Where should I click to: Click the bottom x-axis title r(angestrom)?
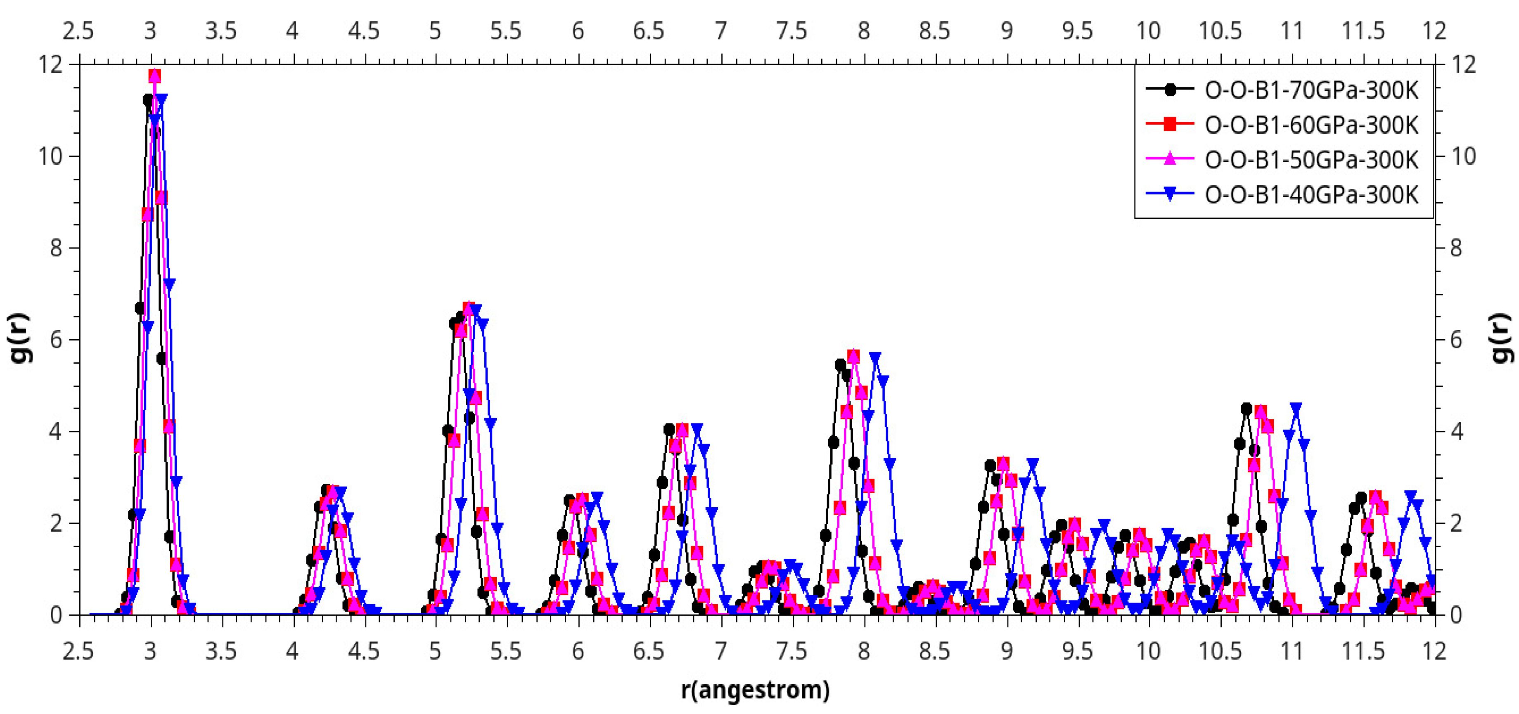(756, 689)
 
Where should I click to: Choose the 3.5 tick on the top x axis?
(221, 31)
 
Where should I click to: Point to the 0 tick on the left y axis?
(56, 615)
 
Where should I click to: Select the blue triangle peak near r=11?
(1296, 408)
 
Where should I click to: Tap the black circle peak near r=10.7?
(1246, 409)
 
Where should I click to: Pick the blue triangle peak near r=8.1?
(875, 358)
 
